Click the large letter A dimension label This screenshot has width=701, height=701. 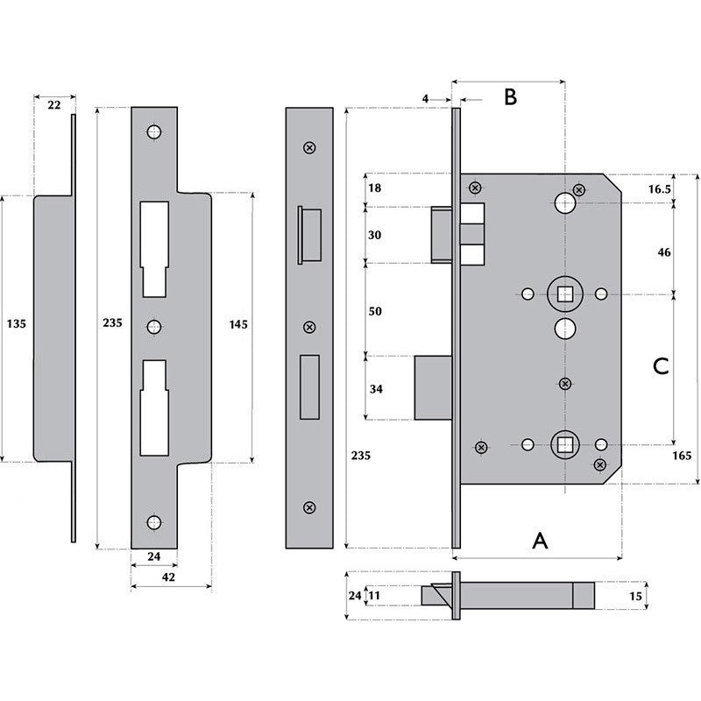point(540,541)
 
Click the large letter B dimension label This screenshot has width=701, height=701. point(509,97)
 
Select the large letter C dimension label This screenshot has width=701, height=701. point(662,366)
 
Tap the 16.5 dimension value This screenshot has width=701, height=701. point(661,188)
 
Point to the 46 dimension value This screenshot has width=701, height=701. point(663,252)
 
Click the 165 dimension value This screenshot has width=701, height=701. point(683,456)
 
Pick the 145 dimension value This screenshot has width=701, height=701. point(237,324)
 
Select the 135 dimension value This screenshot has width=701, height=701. point(17,324)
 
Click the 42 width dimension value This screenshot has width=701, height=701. point(168,577)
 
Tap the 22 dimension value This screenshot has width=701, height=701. point(53,105)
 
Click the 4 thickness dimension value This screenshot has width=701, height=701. point(425,100)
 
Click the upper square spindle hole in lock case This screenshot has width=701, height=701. point(562,293)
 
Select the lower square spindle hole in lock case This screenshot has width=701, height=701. point(562,444)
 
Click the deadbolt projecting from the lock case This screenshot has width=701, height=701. point(433,387)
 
